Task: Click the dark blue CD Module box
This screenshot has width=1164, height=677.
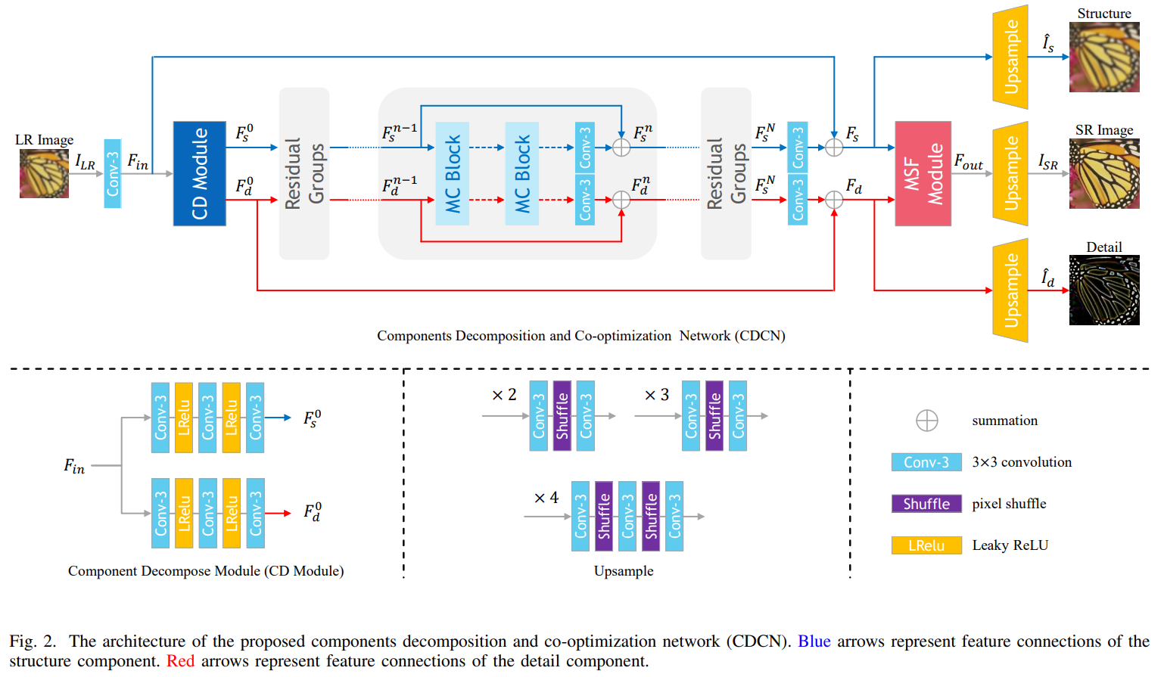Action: (x=199, y=173)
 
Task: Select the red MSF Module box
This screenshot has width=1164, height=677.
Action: (x=923, y=173)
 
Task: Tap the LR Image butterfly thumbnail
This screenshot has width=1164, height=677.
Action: (x=44, y=173)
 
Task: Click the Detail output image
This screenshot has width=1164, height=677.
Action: (x=1103, y=290)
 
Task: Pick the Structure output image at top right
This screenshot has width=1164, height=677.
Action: (x=1103, y=57)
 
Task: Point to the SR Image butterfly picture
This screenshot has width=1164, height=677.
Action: (x=1103, y=173)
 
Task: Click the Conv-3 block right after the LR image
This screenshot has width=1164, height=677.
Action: (x=112, y=173)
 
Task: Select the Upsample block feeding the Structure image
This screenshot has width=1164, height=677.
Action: (x=1010, y=57)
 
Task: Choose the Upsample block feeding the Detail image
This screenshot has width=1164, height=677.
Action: (x=1010, y=290)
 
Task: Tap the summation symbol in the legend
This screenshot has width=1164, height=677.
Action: (x=926, y=421)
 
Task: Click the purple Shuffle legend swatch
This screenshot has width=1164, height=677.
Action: (x=926, y=504)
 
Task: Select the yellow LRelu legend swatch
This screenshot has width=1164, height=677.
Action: (x=926, y=545)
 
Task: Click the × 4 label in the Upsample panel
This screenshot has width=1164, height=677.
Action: (x=546, y=498)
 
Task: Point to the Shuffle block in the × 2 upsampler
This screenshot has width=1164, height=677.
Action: (x=562, y=416)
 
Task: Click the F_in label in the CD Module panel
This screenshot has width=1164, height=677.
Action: (x=74, y=466)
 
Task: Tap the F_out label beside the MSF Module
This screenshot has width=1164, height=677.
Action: (x=968, y=162)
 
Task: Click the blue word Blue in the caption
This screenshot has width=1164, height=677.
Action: (x=814, y=641)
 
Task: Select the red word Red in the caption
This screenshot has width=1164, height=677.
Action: (x=180, y=661)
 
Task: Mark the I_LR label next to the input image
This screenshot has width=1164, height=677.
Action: (x=85, y=162)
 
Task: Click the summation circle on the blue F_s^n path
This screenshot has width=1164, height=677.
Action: (x=621, y=148)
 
